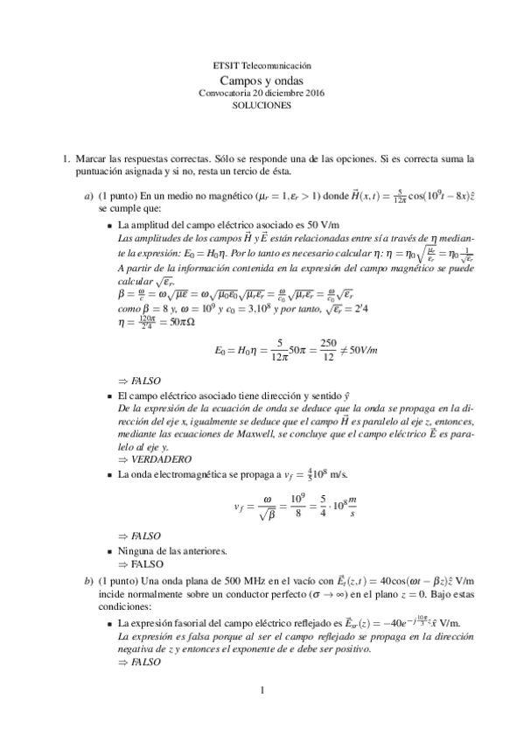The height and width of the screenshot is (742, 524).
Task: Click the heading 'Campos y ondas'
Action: (x=262, y=78)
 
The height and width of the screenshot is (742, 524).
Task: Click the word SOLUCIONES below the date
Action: (x=262, y=103)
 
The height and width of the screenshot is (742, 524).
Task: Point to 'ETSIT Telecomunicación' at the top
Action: (x=262, y=66)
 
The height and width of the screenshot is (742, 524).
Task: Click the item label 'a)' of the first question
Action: (x=88, y=198)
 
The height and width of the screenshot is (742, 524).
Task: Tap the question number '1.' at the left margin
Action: (x=65, y=160)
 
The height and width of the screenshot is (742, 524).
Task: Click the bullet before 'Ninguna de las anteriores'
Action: (x=109, y=552)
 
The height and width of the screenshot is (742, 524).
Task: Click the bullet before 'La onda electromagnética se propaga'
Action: (x=109, y=473)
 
